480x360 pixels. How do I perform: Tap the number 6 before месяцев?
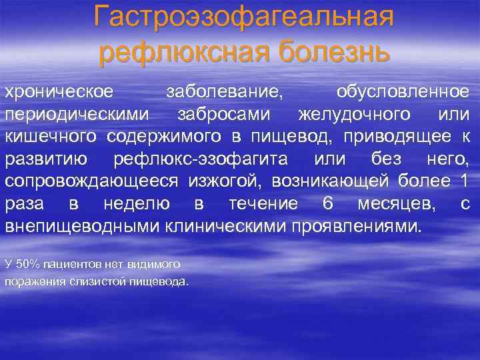click(327, 204)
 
